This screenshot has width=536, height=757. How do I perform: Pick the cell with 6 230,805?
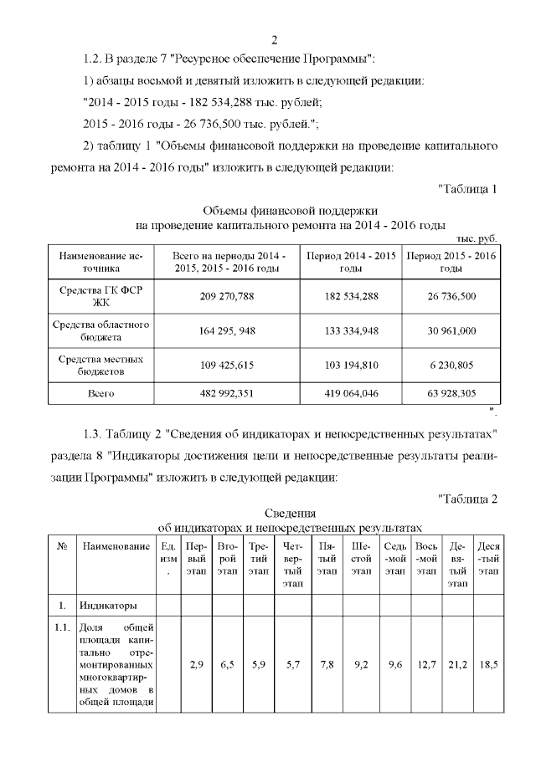point(451,365)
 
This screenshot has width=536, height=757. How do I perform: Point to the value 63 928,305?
point(451,391)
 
